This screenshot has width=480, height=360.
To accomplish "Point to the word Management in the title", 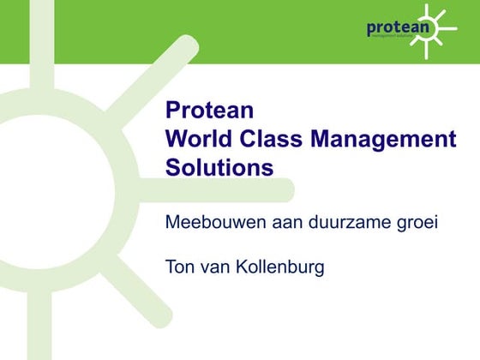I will pos(383,139).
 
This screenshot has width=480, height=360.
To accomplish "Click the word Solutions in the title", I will pos(219,167).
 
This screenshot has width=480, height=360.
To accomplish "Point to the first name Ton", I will pos(179,267).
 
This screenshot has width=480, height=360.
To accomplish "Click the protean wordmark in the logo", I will pos(397,27).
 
